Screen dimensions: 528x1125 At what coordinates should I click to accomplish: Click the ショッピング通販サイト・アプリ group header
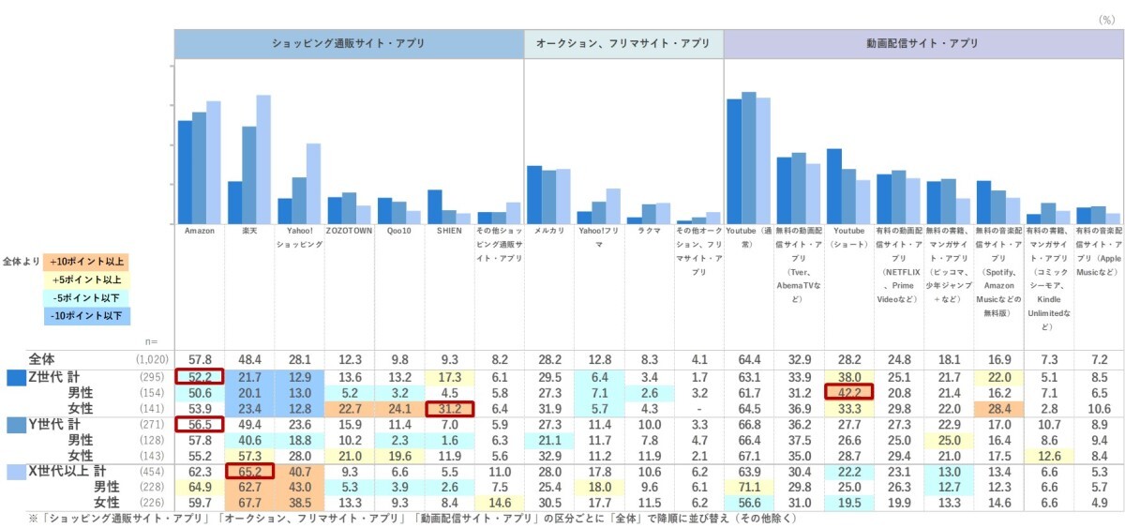[x=348, y=44]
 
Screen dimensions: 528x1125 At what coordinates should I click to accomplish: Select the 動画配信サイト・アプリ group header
[x=922, y=44]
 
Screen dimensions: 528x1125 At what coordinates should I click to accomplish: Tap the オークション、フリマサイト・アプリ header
[x=623, y=44]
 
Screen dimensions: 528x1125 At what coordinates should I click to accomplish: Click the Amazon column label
[x=200, y=231]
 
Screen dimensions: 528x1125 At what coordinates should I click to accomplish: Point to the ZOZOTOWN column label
[x=349, y=231]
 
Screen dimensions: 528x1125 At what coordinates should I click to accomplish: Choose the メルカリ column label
[x=547, y=231]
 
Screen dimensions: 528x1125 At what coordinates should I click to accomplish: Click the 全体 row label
[x=42, y=358]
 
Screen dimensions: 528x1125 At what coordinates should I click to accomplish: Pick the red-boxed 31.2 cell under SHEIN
[x=449, y=408]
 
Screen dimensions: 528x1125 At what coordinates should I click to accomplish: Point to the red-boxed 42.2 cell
[x=848, y=392]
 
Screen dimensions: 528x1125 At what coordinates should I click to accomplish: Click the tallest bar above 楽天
[x=263, y=159]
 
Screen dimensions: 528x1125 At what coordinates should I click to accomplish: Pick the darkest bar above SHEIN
[x=434, y=206]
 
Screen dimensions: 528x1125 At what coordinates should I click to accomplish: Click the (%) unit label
[x=1107, y=19]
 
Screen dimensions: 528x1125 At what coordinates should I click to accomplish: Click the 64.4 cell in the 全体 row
[x=748, y=358]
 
